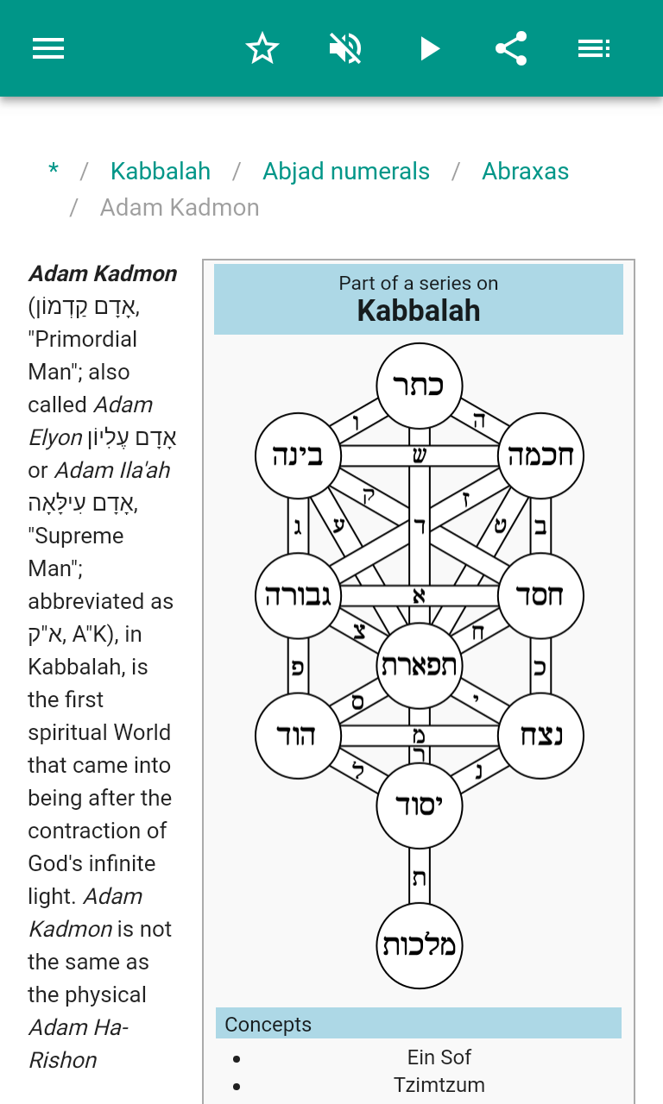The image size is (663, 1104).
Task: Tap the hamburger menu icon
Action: click(x=48, y=48)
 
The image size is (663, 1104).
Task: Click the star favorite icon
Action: click(x=262, y=48)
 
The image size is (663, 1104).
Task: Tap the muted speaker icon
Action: click(x=345, y=48)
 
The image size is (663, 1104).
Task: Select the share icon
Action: click(x=511, y=48)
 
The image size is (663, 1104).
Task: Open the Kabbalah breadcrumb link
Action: click(x=161, y=171)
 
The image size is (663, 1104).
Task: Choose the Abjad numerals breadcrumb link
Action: click(x=346, y=171)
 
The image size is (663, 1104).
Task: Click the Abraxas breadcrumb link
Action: click(x=525, y=171)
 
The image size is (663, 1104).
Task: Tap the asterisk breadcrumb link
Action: click(x=54, y=171)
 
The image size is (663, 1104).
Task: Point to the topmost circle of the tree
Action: click(x=420, y=385)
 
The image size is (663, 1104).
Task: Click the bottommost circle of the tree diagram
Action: click(x=420, y=945)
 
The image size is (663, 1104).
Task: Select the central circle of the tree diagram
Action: click(x=420, y=665)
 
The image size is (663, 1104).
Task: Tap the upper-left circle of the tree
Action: click(x=298, y=455)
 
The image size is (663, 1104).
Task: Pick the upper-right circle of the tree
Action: click(x=541, y=455)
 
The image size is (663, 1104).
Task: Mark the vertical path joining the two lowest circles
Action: click(x=420, y=876)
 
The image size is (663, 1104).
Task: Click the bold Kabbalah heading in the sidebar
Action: click(x=419, y=310)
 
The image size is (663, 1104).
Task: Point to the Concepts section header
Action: click(x=268, y=1024)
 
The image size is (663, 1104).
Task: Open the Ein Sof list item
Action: click(x=439, y=1057)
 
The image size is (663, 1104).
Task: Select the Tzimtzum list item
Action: click(x=439, y=1084)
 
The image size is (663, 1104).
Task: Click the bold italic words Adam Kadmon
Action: click(x=103, y=273)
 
